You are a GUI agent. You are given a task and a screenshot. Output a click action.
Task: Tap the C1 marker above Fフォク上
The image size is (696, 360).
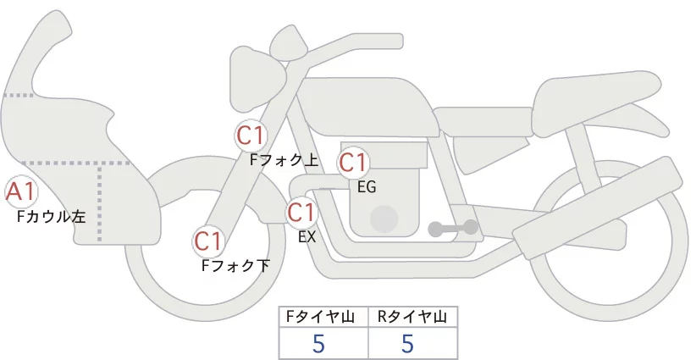[x=251, y=135]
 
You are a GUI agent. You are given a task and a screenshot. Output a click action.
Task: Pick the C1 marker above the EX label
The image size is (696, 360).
[x=301, y=212]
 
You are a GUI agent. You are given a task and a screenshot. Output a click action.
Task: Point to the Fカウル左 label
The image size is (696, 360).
[x=52, y=217]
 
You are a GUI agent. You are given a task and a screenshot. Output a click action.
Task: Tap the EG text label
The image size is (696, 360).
[x=367, y=187]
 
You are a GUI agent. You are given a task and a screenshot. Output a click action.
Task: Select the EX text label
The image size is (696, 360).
[x=307, y=237]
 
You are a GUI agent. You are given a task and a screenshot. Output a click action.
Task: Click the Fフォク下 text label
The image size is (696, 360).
[x=235, y=265]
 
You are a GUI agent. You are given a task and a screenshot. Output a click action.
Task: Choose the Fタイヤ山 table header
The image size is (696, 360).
[x=323, y=317]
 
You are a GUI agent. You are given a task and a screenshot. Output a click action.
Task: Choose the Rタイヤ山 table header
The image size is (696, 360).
[x=412, y=317]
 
